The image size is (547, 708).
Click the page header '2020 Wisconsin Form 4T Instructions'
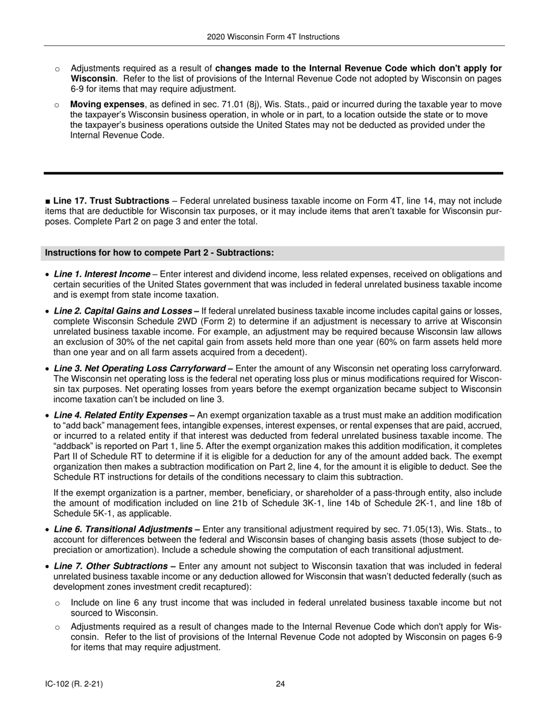pos(273,37)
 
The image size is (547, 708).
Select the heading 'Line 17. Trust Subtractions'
pos(111,201)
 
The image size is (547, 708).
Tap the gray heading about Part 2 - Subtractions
pos(159,253)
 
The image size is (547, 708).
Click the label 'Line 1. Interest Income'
pos(102,274)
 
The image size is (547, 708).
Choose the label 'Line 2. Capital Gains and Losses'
pos(123,311)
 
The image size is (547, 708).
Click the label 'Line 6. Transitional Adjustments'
pos(123,529)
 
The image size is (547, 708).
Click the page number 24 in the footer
pos(280,684)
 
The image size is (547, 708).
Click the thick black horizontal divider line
pos(273,173)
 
